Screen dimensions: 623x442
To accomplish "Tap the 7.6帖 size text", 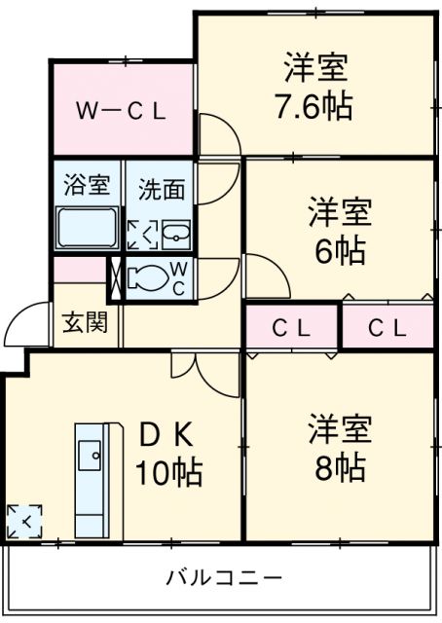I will [318, 103].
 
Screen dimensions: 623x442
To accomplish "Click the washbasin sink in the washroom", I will [175, 235].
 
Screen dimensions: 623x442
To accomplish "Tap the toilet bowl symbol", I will [148, 277].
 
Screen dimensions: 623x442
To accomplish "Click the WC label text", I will [180, 277].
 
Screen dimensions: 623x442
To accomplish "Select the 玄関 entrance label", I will [87, 322].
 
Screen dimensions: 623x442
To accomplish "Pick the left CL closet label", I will [290, 328].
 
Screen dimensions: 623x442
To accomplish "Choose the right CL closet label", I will [387, 328].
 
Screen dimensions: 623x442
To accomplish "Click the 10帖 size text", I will [168, 473].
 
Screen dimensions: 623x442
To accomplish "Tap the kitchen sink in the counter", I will [91, 452].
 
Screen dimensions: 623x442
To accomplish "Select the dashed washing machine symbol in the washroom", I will [142, 235].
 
